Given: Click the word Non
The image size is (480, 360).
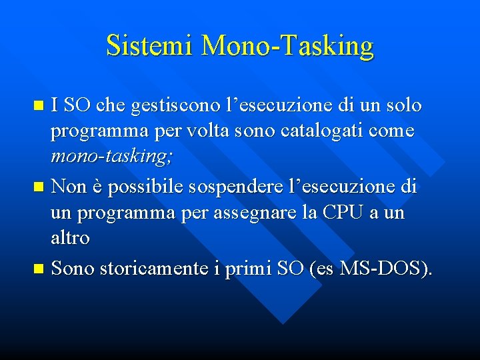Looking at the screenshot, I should tap(69, 187).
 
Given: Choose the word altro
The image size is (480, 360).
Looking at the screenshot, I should tap(71, 239).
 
